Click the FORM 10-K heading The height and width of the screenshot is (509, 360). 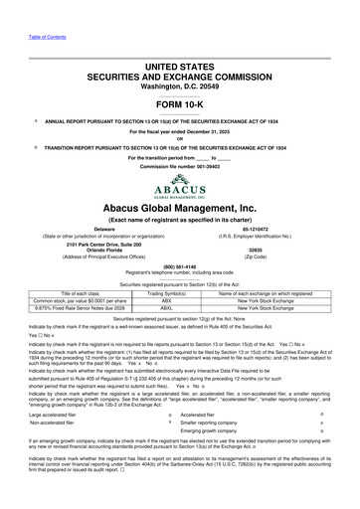180,76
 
